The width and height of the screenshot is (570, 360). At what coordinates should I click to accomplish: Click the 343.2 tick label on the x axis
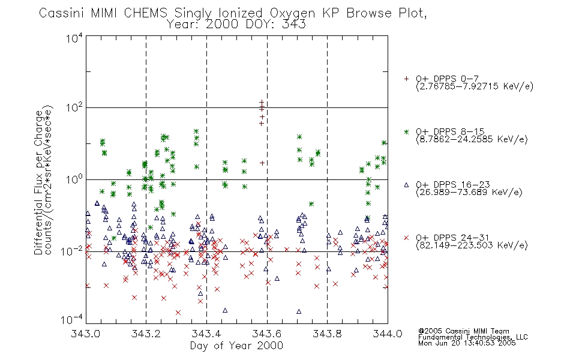coord(146,334)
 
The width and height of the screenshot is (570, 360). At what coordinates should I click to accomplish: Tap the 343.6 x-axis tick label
coord(267,334)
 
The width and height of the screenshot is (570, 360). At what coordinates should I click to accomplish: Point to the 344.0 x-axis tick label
coord(388,334)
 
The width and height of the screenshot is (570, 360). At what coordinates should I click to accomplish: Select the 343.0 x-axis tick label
coord(86,334)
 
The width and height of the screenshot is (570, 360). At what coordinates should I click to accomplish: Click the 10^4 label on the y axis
coord(74,38)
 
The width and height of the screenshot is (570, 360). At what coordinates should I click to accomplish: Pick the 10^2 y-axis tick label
coord(74,108)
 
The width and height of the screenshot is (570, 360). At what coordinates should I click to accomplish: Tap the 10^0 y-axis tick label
coord(74,179)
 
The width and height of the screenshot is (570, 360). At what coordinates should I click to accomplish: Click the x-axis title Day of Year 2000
coord(236,346)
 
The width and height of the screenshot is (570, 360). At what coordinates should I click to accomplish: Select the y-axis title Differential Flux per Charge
coord(38,182)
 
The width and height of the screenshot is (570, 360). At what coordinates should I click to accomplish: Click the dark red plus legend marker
coord(406,79)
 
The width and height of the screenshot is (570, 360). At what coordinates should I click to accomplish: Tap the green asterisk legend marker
coord(406,131)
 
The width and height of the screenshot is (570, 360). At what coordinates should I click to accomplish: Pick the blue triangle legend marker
coord(406,185)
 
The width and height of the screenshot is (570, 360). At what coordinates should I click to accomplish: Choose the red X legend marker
coord(406,238)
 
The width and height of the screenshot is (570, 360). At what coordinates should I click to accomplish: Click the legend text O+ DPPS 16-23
coord(453,184)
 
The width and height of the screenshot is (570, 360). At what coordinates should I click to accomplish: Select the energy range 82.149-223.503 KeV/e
coord(472,245)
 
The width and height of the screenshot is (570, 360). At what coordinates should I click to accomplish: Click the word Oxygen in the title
coord(292,13)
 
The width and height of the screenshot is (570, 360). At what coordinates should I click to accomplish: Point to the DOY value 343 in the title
coord(294,25)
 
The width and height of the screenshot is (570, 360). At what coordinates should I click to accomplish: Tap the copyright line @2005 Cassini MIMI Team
coord(463,331)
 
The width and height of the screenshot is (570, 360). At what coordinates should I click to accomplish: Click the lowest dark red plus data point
coord(262,163)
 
